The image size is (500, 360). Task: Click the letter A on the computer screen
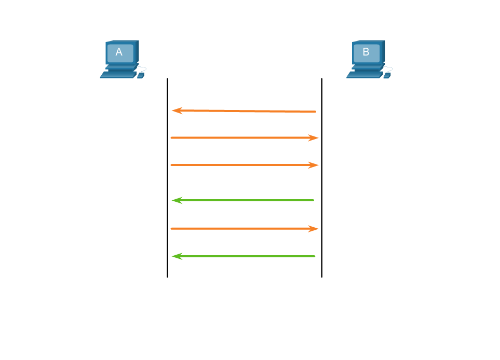pos(119,52)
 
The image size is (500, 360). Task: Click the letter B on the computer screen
pos(366,52)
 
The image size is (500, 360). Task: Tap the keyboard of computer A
pos(117,75)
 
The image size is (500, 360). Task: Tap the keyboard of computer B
pos(364,75)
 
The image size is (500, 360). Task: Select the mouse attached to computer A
pos(140,76)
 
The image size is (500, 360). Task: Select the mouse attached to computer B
pos(387,76)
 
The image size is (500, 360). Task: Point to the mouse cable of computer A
pos(144,69)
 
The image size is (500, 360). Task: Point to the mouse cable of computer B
pos(390,69)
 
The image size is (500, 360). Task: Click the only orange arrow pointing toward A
pos(244,111)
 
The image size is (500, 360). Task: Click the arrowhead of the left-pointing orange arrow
pos(177,110)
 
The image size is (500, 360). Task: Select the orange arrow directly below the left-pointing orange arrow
pos(244,138)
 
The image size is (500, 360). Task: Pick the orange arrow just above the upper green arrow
pos(244,165)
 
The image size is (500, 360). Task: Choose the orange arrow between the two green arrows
pos(244,228)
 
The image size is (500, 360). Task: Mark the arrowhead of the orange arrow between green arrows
pos(313,228)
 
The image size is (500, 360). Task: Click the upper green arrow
pos(244,200)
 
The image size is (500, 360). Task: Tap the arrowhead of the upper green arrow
pos(177,200)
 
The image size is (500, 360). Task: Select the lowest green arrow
pos(244,256)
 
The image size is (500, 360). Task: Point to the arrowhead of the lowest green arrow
pos(177,256)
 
